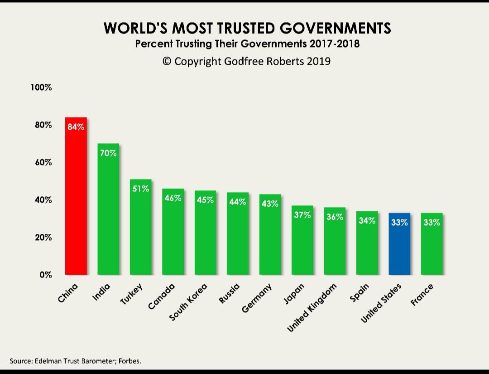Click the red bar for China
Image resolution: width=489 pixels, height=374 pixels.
coord(76,199)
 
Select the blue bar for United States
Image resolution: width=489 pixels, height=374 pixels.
coord(399,245)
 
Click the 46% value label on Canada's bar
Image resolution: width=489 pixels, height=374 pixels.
coord(173,198)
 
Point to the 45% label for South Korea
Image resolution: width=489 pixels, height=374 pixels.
coord(205,199)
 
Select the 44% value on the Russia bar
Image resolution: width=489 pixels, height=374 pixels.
coord(238,202)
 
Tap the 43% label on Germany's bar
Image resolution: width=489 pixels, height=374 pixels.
coord(270,204)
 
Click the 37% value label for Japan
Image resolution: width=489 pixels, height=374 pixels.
coord(302,215)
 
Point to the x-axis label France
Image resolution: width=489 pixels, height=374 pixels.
coord(423,294)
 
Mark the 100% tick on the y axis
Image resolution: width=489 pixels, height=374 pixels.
coord(41,87)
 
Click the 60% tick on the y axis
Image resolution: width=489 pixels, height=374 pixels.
coord(43,162)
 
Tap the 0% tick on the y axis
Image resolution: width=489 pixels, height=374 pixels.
coord(45,275)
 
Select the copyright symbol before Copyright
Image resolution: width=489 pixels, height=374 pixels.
coord(167,61)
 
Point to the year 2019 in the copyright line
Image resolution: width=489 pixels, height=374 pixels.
coord(318,61)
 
